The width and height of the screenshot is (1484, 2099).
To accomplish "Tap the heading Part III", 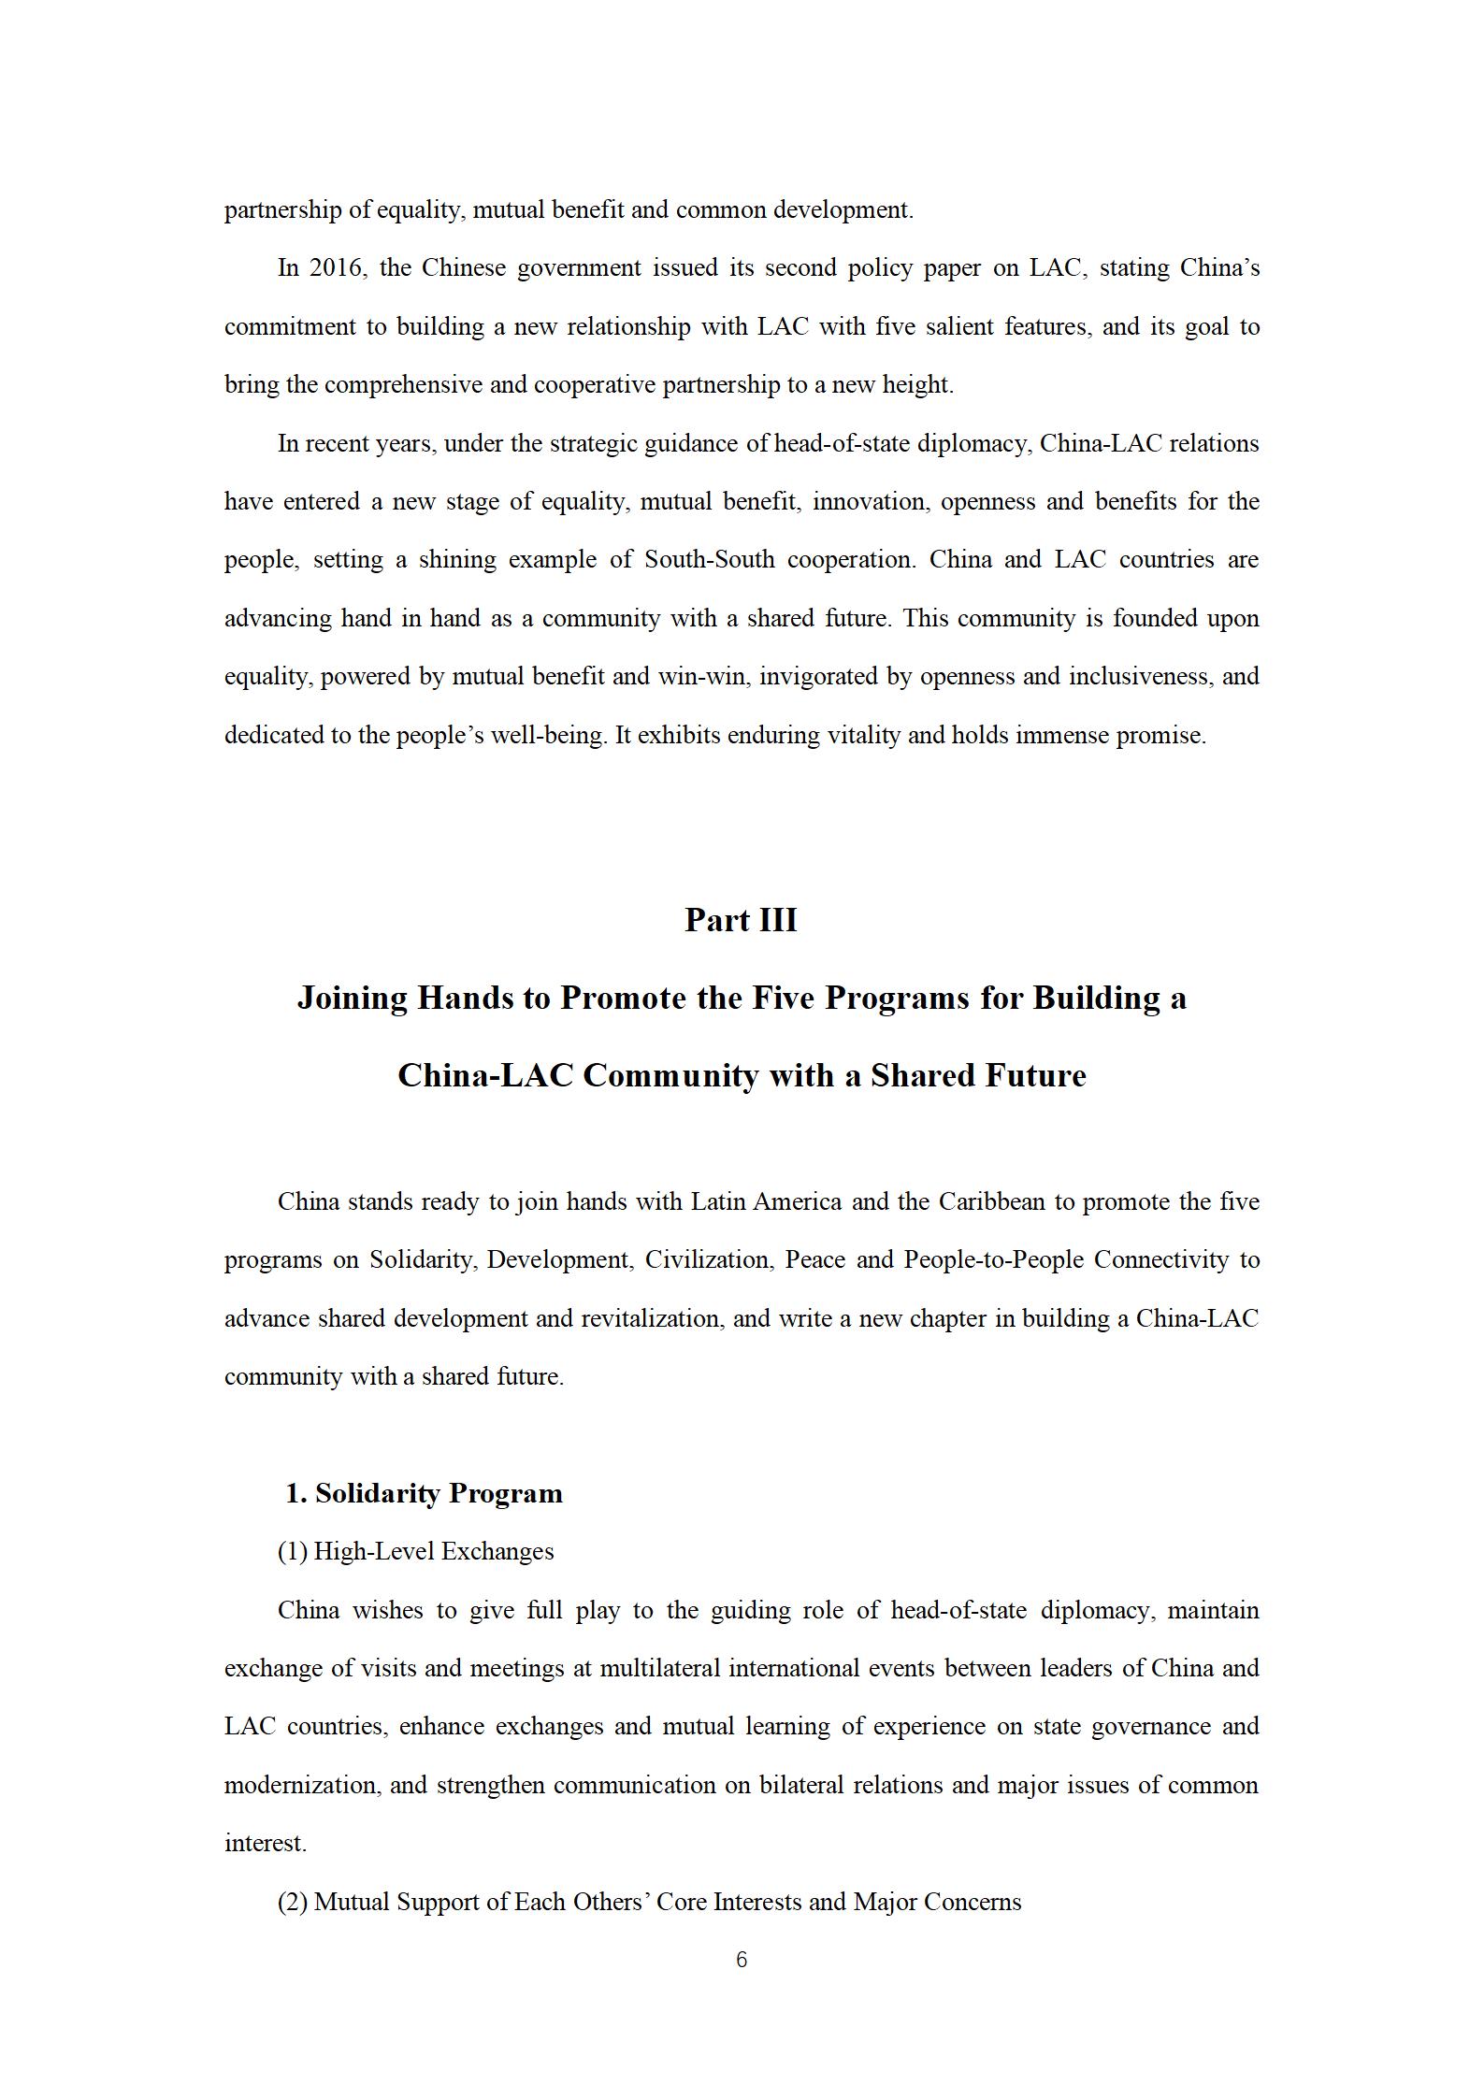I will (x=741, y=920).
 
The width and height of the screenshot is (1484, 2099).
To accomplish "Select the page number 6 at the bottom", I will (x=742, y=1960).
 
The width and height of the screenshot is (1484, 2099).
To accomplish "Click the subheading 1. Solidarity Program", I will (x=424, y=1493).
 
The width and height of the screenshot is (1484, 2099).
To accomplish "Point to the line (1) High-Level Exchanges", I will (x=415, y=1551).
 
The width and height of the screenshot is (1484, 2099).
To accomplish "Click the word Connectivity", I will (x=1160, y=1260).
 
